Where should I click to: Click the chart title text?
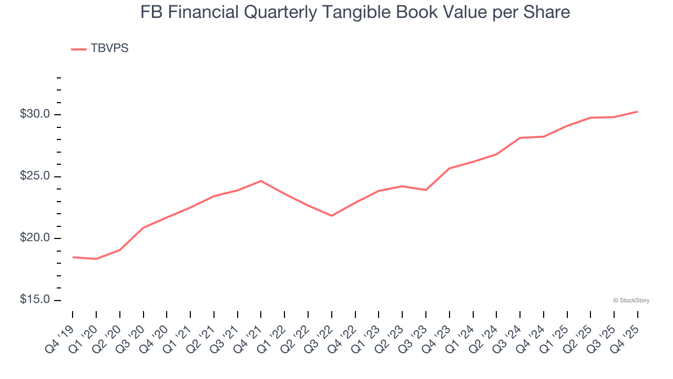click(355, 12)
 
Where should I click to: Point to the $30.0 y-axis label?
click(35, 114)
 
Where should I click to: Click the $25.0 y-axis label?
click(35, 176)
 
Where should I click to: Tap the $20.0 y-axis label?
click(35, 238)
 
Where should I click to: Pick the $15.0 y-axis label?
click(35, 300)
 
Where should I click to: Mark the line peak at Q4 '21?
click(261, 181)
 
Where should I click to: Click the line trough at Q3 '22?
click(332, 216)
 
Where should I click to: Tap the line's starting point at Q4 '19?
click(73, 257)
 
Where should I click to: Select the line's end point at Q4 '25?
click(637, 112)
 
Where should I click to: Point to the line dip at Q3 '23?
click(426, 190)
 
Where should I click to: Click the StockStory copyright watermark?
click(631, 301)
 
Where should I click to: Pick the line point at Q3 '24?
click(520, 138)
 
